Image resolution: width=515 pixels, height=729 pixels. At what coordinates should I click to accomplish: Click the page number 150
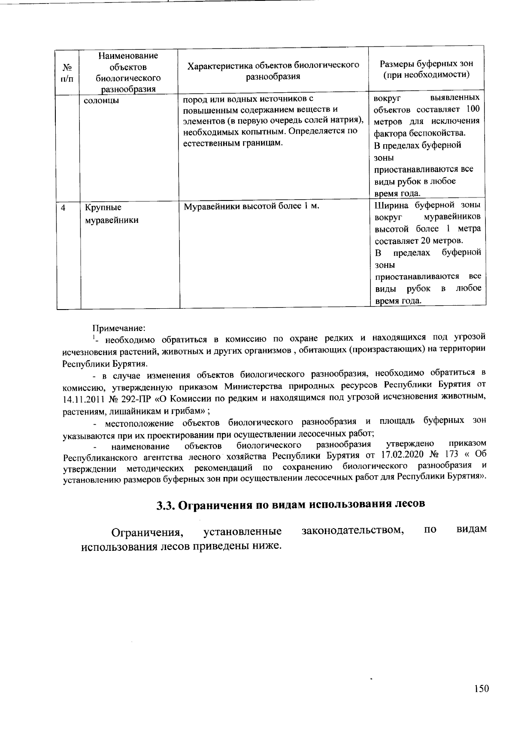coord(482,689)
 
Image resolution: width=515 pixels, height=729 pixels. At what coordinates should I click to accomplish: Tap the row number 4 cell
coord(64,208)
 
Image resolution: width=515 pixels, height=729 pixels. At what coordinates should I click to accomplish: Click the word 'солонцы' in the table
coord(101,101)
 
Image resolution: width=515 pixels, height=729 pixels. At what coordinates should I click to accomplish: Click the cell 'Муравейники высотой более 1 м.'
coord(251,207)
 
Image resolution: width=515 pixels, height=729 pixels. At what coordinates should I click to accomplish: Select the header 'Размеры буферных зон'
coord(427,64)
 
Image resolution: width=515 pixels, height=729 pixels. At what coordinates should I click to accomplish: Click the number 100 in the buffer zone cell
coord(472,109)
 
